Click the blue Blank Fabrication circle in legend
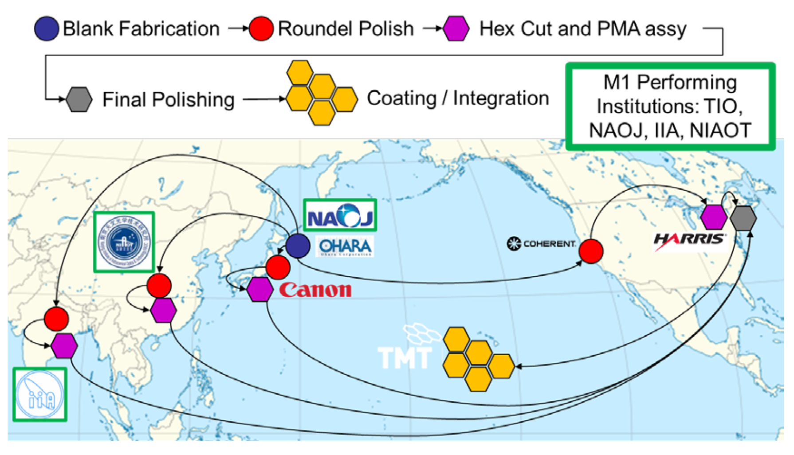click(x=46, y=29)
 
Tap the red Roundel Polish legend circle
click(x=261, y=29)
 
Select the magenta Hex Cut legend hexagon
click(x=456, y=29)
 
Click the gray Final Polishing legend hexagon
click(x=79, y=99)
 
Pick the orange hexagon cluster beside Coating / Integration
click(x=321, y=93)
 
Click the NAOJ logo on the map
click(x=340, y=216)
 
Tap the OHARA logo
click(x=345, y=247)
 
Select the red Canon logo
click(x=315, y=290)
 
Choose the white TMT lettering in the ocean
click(x=404, y=357)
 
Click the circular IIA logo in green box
click(x=39, y=395)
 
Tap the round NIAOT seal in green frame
click(x=124, y=242)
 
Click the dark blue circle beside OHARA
click(x=298, y=246)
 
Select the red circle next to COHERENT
click(x=591, y=251)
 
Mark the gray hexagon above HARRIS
click(x=743, y=218)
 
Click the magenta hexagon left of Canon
click(x=260, y=290)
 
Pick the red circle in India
click(x=56, y=319)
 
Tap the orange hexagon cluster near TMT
click(x=478, y=359)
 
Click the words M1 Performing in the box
click(x=670, y=82)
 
